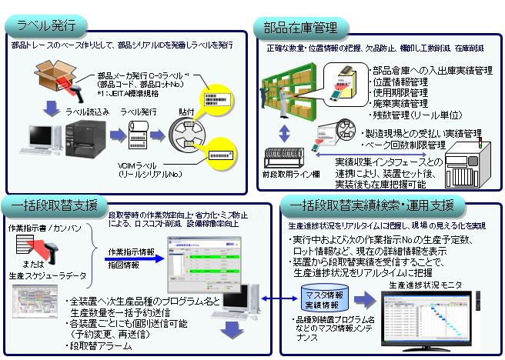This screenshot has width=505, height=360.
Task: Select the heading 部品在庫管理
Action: (x=300, y=28)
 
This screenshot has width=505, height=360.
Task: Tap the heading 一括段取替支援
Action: (x=53, y=205)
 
